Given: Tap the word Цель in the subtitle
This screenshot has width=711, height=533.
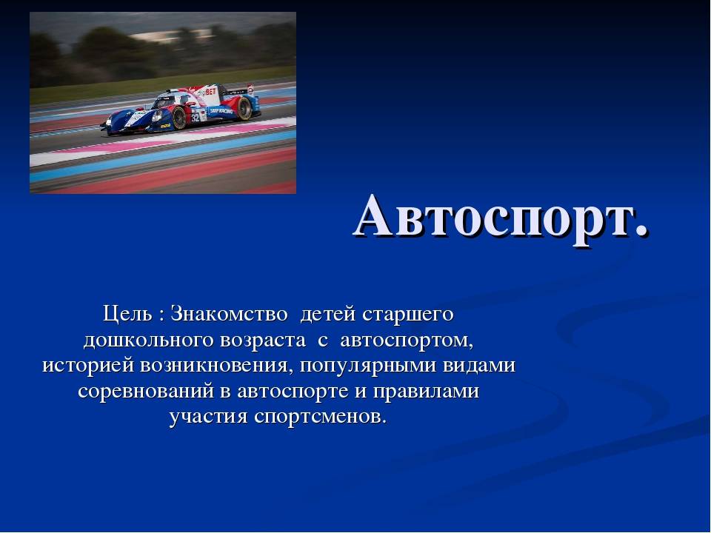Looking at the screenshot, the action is click(127, 314).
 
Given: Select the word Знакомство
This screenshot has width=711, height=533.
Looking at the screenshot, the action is click(229, 314).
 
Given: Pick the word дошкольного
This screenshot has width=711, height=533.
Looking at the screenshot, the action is click(149, 341).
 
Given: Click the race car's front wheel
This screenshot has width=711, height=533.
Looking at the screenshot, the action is click(178, 118).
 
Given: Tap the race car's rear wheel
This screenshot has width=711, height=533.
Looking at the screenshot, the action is click(245, 108).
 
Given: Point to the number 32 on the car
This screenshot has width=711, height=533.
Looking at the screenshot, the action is click(196, 118).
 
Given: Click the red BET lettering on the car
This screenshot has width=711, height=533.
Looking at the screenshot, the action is click(211, 92).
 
